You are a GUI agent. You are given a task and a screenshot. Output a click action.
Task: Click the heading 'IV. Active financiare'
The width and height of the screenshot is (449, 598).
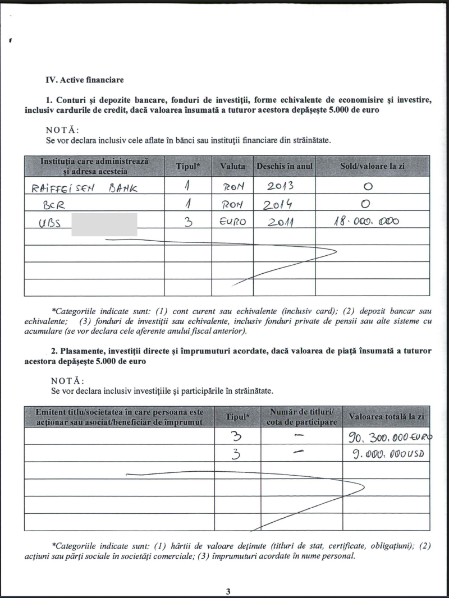point(85,80)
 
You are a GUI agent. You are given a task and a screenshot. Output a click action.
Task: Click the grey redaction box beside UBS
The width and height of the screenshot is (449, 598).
point(104,223)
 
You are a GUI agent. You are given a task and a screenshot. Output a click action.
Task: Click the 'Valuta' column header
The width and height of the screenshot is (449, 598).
point(232,167)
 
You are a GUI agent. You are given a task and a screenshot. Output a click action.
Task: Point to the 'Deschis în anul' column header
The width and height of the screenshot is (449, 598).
point(285,167)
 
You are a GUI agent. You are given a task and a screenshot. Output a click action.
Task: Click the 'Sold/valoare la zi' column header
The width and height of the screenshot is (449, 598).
point(372,167)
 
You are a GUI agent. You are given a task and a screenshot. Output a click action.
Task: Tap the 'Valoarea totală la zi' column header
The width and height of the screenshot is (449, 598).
point(386,417)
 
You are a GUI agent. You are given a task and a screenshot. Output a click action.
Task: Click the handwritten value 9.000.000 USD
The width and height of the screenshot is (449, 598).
point(388,453)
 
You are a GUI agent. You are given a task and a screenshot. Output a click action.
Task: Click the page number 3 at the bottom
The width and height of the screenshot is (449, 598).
point(228,591)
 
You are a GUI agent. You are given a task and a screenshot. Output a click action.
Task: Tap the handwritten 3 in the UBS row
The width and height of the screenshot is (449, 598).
point(189,222)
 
